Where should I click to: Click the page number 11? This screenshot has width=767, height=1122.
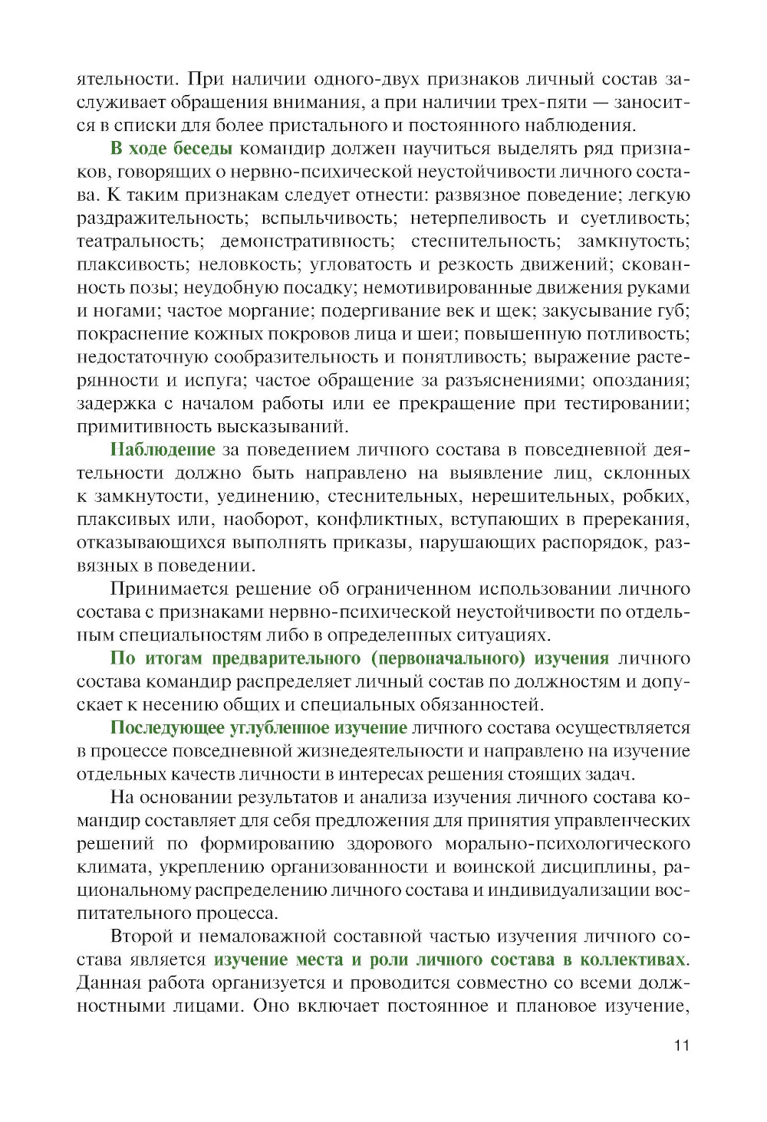coord(682,1045)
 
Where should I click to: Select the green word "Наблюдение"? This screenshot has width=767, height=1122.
coord(163,450)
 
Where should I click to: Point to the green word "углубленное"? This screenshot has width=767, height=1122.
coord(279,727)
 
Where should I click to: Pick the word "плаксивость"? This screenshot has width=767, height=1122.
coord(133,264)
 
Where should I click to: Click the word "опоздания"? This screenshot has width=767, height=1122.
coord(640,380)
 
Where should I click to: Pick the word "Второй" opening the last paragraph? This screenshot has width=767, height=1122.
coord(141,937)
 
